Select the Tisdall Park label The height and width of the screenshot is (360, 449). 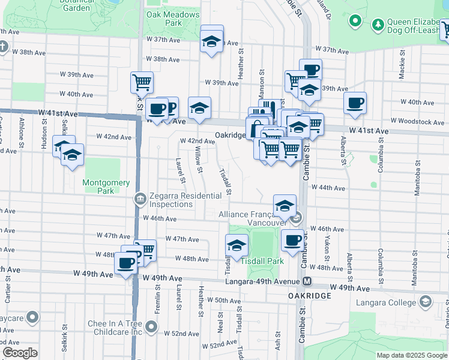coord(262,261)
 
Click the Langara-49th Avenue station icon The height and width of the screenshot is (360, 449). coord(307,281)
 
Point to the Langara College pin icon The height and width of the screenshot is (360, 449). coord(426,301)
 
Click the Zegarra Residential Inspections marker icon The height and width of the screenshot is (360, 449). coord(140,198)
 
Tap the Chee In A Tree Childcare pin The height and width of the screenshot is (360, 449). coord(151,328)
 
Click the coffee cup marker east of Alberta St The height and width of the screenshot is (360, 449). coord(355,103)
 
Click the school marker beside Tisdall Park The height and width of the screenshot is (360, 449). coord(237,245)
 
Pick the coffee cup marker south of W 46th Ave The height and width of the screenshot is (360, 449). coord(292,240)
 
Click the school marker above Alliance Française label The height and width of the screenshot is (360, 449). coord(285,205)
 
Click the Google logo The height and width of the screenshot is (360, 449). coord(20,353)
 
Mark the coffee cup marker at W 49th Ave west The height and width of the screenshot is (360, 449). coord(125,262)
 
